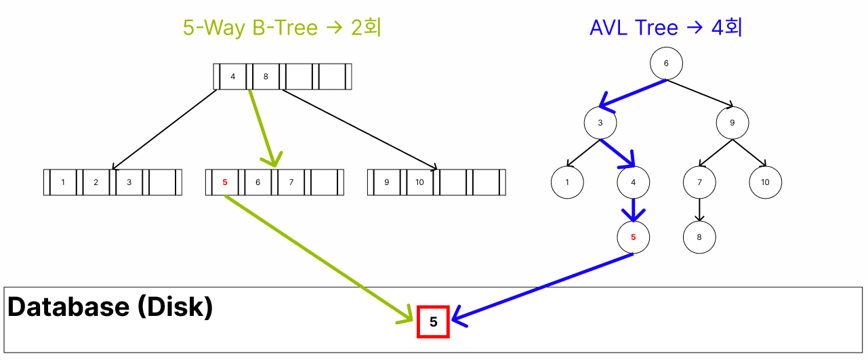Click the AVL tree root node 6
(x=666, y=64)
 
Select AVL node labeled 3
(x=600, y=123)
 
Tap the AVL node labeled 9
(x=732, y=123)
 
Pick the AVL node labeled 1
(x=567, y=182)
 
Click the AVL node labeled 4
(x=634, y=182)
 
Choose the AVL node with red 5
(x=634, y=237)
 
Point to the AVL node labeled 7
(x=699, y=182)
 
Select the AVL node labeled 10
(x=765, y=182)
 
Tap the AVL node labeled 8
(x=699, y=237)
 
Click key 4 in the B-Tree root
(x=233, y=77)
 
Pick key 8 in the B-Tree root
(x=266, y=77)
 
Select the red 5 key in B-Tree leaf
(x=225, y=182)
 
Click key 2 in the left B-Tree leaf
(x=96, y=182)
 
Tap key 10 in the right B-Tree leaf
(x=419, y=182)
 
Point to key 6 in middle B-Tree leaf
(x=257, y=182)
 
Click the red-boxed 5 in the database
(x=434, y=322)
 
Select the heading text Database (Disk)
(x=110, y=307)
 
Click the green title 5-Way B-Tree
(x=250, y=28)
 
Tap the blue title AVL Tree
(x=634, y=28)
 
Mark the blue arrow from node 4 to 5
(x=634, y=209)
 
